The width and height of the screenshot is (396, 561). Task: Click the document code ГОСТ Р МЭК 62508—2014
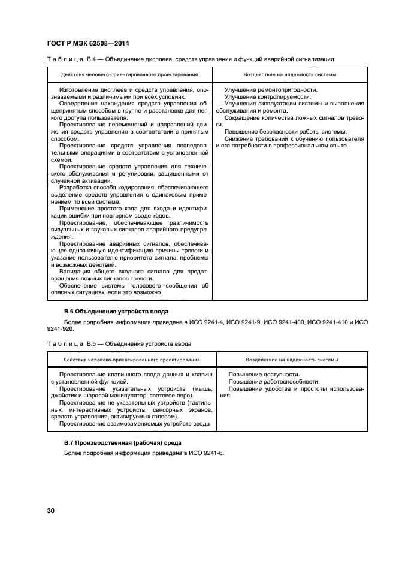tap(88, 43)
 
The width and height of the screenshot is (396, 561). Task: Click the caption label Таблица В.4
tap(68, 59)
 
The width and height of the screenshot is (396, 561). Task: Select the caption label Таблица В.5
tap(68, 344)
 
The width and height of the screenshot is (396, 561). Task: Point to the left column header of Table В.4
tap(129, 75)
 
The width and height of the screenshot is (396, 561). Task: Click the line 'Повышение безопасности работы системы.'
tap(285, 131)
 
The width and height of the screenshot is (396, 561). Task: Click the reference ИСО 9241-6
tap(204, 453)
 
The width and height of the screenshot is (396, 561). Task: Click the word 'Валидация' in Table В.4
tap(75, 272)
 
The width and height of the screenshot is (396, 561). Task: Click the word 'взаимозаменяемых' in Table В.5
tap(131, 423)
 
